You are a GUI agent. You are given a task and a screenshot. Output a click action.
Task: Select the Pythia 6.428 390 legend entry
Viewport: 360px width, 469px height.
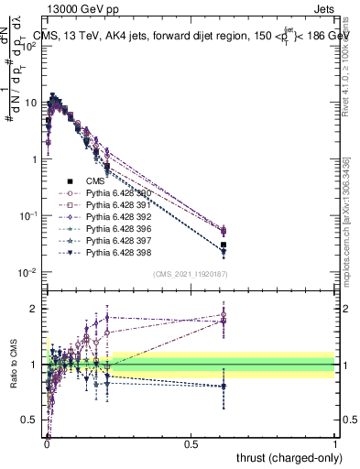(117, 194)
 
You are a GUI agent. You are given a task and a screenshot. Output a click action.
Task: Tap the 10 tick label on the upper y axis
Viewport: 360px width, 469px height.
(31, 103)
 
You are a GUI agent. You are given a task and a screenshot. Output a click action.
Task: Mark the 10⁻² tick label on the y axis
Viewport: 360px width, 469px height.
(27, 272)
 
